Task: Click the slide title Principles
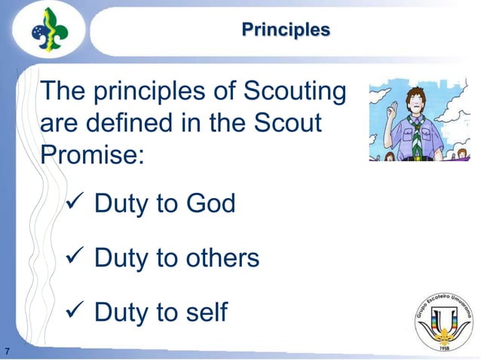286,30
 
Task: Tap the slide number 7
7,350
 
